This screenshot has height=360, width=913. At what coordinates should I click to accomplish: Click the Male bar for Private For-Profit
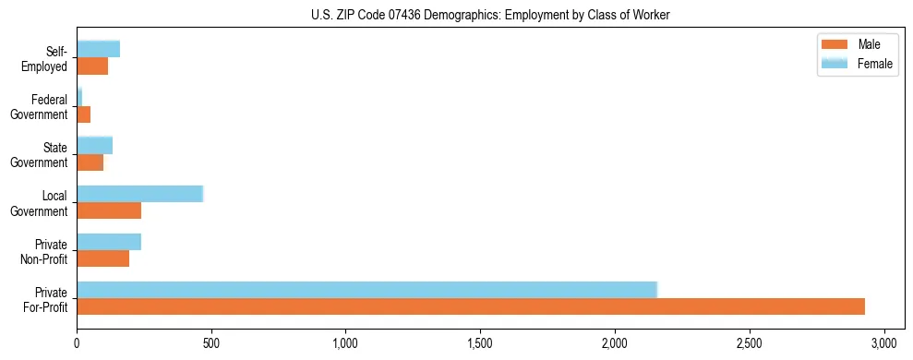[471, 306]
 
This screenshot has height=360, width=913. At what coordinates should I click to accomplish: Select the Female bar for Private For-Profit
[366, 290]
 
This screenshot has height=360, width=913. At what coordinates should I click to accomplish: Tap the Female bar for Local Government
[139, 194]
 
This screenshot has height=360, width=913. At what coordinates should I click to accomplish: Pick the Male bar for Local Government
[109, 210]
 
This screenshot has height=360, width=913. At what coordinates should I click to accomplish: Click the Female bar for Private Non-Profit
[109, 242]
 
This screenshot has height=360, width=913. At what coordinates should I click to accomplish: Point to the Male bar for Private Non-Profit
[102, 258]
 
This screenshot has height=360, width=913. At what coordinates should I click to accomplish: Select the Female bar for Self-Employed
[98, 49]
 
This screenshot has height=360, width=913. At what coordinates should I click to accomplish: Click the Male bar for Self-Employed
[92, 66]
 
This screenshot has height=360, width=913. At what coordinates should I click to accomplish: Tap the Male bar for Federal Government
[83, 114]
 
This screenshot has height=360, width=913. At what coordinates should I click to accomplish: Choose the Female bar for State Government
[94, 145]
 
